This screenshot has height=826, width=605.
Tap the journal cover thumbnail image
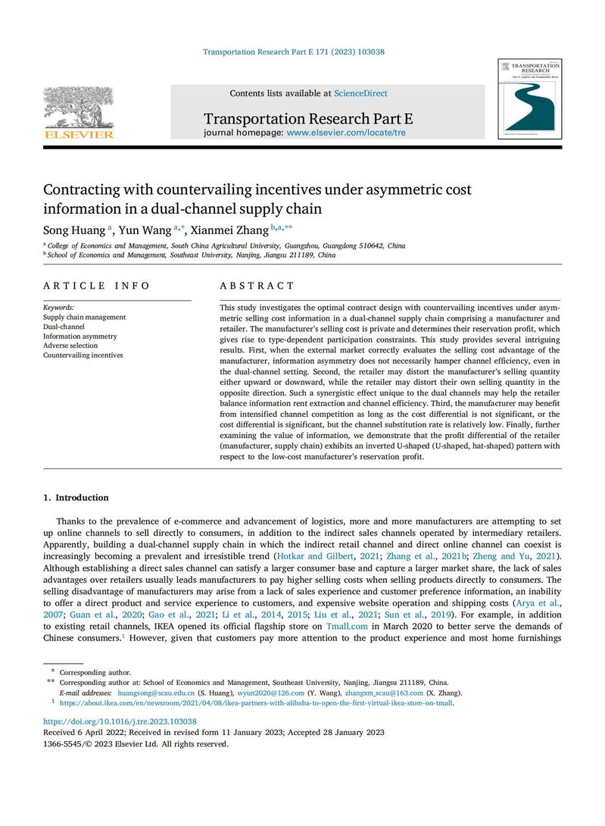tap(529, 99)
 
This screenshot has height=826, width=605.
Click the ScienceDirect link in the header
tap(360, 93)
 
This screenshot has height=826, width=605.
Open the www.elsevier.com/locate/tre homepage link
tap(346, 132)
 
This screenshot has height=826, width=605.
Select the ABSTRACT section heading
tap(257, 286)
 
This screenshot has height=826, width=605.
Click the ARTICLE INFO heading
tap(96, 286)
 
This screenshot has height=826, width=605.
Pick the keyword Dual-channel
tap(64, 327)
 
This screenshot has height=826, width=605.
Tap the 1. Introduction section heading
tap(76, 498)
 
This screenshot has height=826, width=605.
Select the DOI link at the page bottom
tap(120, 721)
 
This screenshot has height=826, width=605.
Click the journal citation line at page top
tap(294, 52)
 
